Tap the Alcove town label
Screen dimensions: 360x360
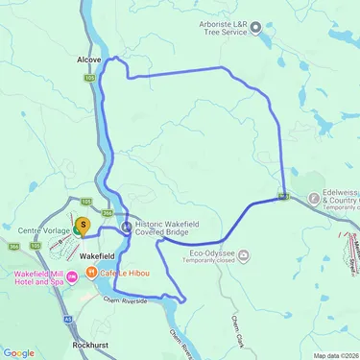pos(88,59)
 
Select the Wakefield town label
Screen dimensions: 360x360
pos(98,257)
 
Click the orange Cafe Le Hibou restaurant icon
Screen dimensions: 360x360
pos(91,273)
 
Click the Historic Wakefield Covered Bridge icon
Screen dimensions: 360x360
pos(128,227)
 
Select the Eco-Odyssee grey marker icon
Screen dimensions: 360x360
pos(244,255)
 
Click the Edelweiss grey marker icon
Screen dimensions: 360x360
pos(314,201)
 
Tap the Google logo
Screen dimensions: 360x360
pos(18,352)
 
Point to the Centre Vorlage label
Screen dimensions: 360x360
pos(38,230)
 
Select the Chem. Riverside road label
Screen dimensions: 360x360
pos(125,300)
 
